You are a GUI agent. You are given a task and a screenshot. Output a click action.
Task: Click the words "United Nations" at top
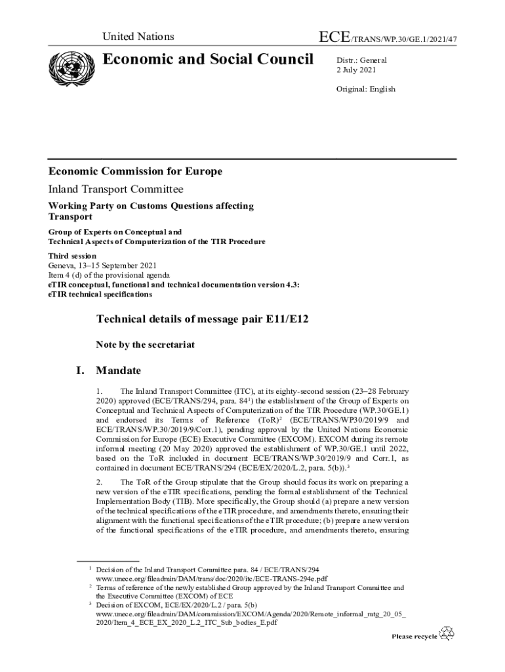pyautogui.click(x=138, y=37)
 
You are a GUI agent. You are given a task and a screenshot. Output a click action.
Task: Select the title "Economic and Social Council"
pyautogui.click(x=208, y=60)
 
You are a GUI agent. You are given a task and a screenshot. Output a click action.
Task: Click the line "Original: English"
pyautogui.click(x=366, y=89)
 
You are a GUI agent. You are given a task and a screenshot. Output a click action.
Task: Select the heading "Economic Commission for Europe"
pyautogui.click(x=135, y=171)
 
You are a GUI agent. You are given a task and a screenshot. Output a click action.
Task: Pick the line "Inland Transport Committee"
pyautogui.click(x=115, y=190)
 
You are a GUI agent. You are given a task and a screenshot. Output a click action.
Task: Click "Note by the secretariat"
pyautogui.click(x=145, y=344)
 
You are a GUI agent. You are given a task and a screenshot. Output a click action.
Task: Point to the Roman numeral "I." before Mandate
pyautogui.click(x=80, y=371)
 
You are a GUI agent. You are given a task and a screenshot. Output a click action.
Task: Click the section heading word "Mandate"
pyautogui.click(x=118, y=371)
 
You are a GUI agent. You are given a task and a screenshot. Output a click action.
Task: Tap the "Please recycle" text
pyautogui.click(x=414, y=636)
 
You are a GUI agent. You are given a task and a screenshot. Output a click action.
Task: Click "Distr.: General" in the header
pyautogui.click(x=361, y=60)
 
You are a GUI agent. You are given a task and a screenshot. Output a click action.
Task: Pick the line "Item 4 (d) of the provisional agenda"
pyautogui.click(x=109, y=275)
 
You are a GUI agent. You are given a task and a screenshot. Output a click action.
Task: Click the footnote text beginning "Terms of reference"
pyautogui.click(x=249, y=589)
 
